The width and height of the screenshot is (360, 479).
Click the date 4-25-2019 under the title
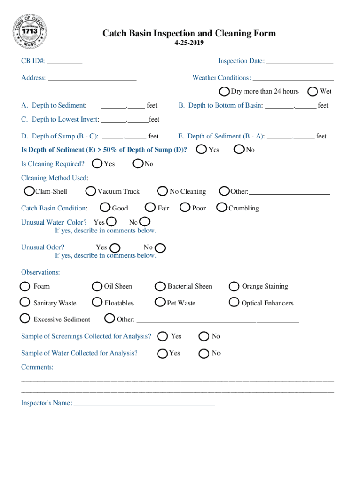point(189,43)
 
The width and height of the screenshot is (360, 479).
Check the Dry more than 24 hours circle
point(224,91)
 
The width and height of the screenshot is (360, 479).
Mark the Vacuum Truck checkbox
point(91,191)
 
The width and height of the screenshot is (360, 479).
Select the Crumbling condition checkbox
point(222,208)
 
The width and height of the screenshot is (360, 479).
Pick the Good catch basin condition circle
point(106,208)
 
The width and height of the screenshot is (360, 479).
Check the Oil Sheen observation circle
point(97,286)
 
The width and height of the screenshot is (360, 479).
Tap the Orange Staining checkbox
point(234,286)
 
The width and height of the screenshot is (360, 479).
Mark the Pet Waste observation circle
point(160,303)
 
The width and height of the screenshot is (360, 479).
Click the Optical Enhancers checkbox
point(234,303)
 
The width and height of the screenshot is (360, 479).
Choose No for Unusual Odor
point(160,247)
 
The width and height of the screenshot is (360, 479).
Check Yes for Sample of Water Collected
point(163,353)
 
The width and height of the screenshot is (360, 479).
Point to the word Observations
point(40,272)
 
